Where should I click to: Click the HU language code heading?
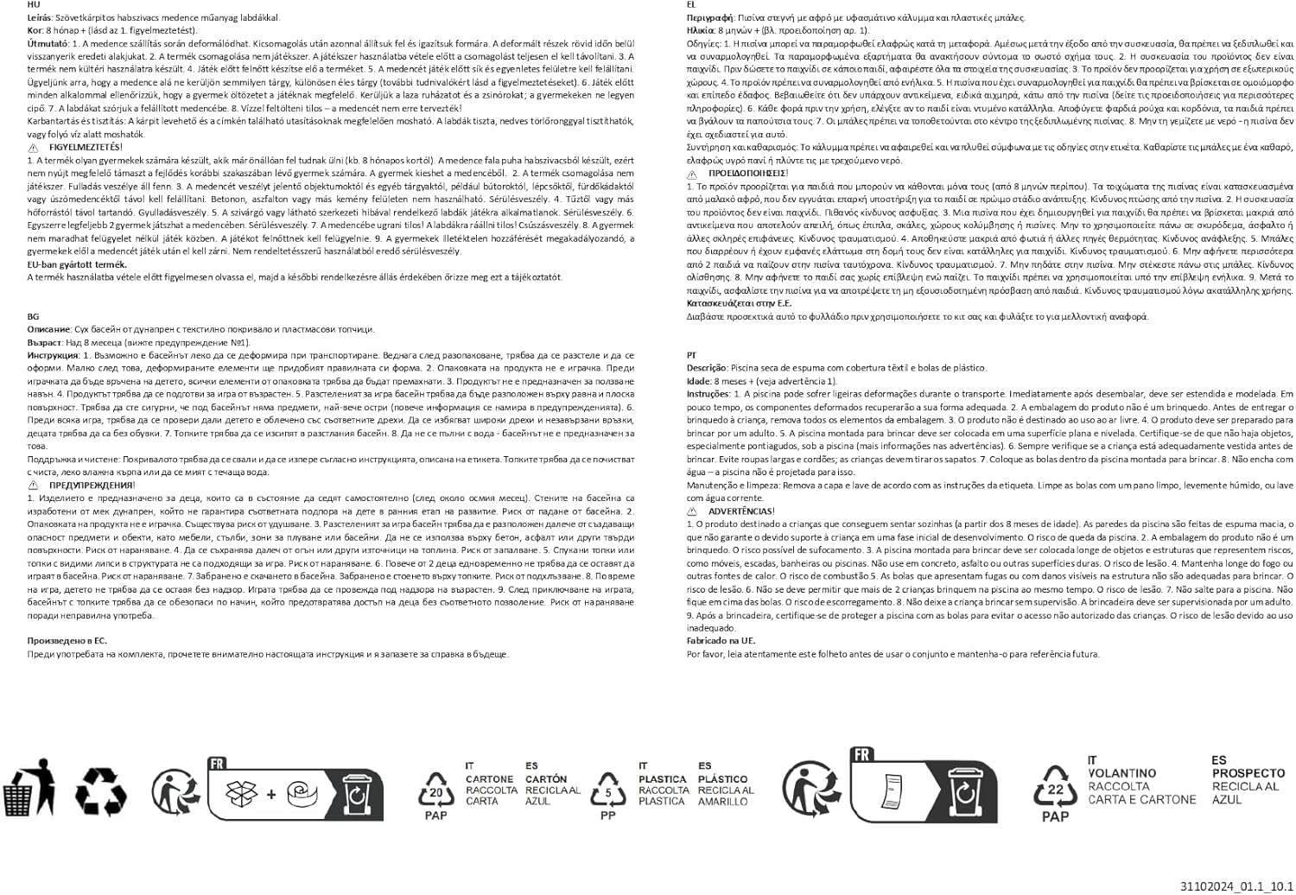click(33, 4)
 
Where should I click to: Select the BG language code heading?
click(33, 316)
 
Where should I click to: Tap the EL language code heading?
click(691, 4)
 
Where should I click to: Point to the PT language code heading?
click(691, 355)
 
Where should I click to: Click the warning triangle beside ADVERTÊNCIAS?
click(692, 511)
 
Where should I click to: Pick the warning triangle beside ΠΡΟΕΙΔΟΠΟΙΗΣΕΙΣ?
click(692, 174)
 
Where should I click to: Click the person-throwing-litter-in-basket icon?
click(29, 788)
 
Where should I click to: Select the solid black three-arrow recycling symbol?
click(100, 790)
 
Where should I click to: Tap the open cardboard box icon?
click(241, 792)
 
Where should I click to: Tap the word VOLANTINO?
click(1121, 773)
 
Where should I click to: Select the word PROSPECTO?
click(1248, 773)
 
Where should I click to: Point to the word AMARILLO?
click(723, 802)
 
